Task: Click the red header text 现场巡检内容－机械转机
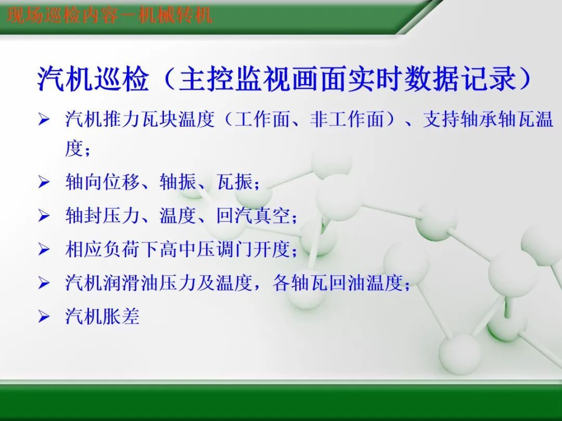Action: [110, 15]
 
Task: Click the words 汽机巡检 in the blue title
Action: [93, 80]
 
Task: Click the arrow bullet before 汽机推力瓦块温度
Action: [44, 121]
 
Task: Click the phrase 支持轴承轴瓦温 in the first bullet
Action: [488, 120]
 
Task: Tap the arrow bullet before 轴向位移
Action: [44, 183]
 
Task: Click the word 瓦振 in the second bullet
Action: [235, 182]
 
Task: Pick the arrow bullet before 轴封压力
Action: [44, 217]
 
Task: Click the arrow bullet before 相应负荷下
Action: [44, 251]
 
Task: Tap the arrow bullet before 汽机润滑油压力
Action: [44, 284]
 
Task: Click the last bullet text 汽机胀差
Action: [103, 317]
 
